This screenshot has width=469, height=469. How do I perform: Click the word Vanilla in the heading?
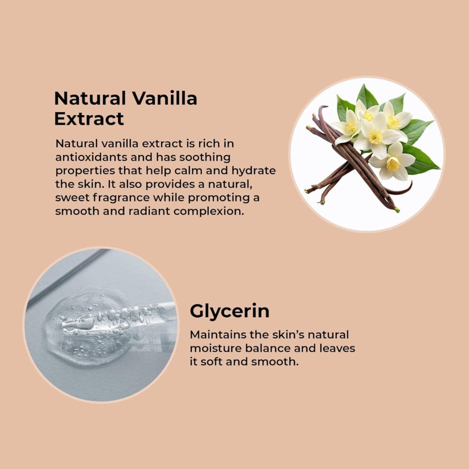(x=165, y=98)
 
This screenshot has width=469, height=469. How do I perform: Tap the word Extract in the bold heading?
(x=89, y=119)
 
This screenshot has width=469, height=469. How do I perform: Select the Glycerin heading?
(x=230, y=311)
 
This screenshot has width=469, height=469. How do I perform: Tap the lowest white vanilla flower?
(x=393, y=162)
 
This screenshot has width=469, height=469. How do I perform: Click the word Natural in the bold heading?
(x=90, y=98)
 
